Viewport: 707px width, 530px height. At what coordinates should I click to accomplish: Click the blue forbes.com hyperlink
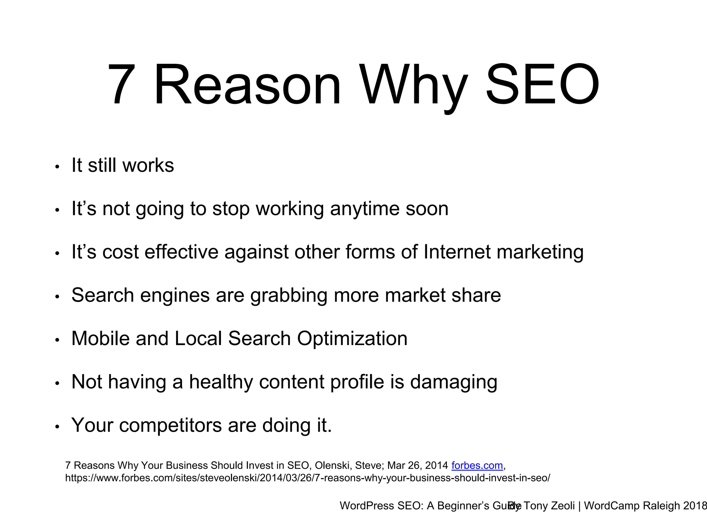click(477, 465)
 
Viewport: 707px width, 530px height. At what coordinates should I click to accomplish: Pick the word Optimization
click(352, 338)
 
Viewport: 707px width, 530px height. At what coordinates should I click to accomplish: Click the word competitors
click(171, 425)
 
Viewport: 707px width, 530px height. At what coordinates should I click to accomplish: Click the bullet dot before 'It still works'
click(57, 167)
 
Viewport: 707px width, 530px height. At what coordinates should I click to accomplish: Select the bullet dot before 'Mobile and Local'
click(57, 340)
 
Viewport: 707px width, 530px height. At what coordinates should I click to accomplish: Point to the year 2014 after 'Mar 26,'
click(436, 465)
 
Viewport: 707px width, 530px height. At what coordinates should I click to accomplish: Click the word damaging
click(454, 382)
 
